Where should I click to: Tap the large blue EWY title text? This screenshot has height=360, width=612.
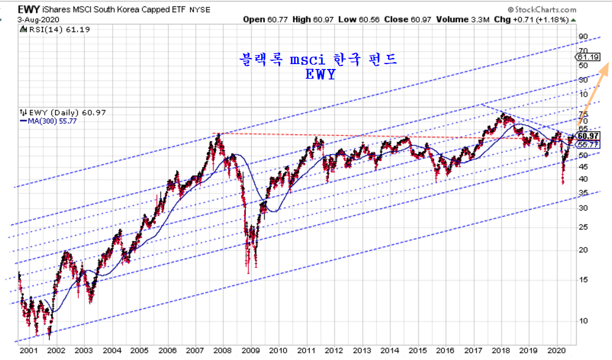[x=319, y=75]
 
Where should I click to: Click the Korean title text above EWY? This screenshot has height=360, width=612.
[x=318, y=59]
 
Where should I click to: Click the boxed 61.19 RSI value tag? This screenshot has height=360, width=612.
[x=589, y=57]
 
